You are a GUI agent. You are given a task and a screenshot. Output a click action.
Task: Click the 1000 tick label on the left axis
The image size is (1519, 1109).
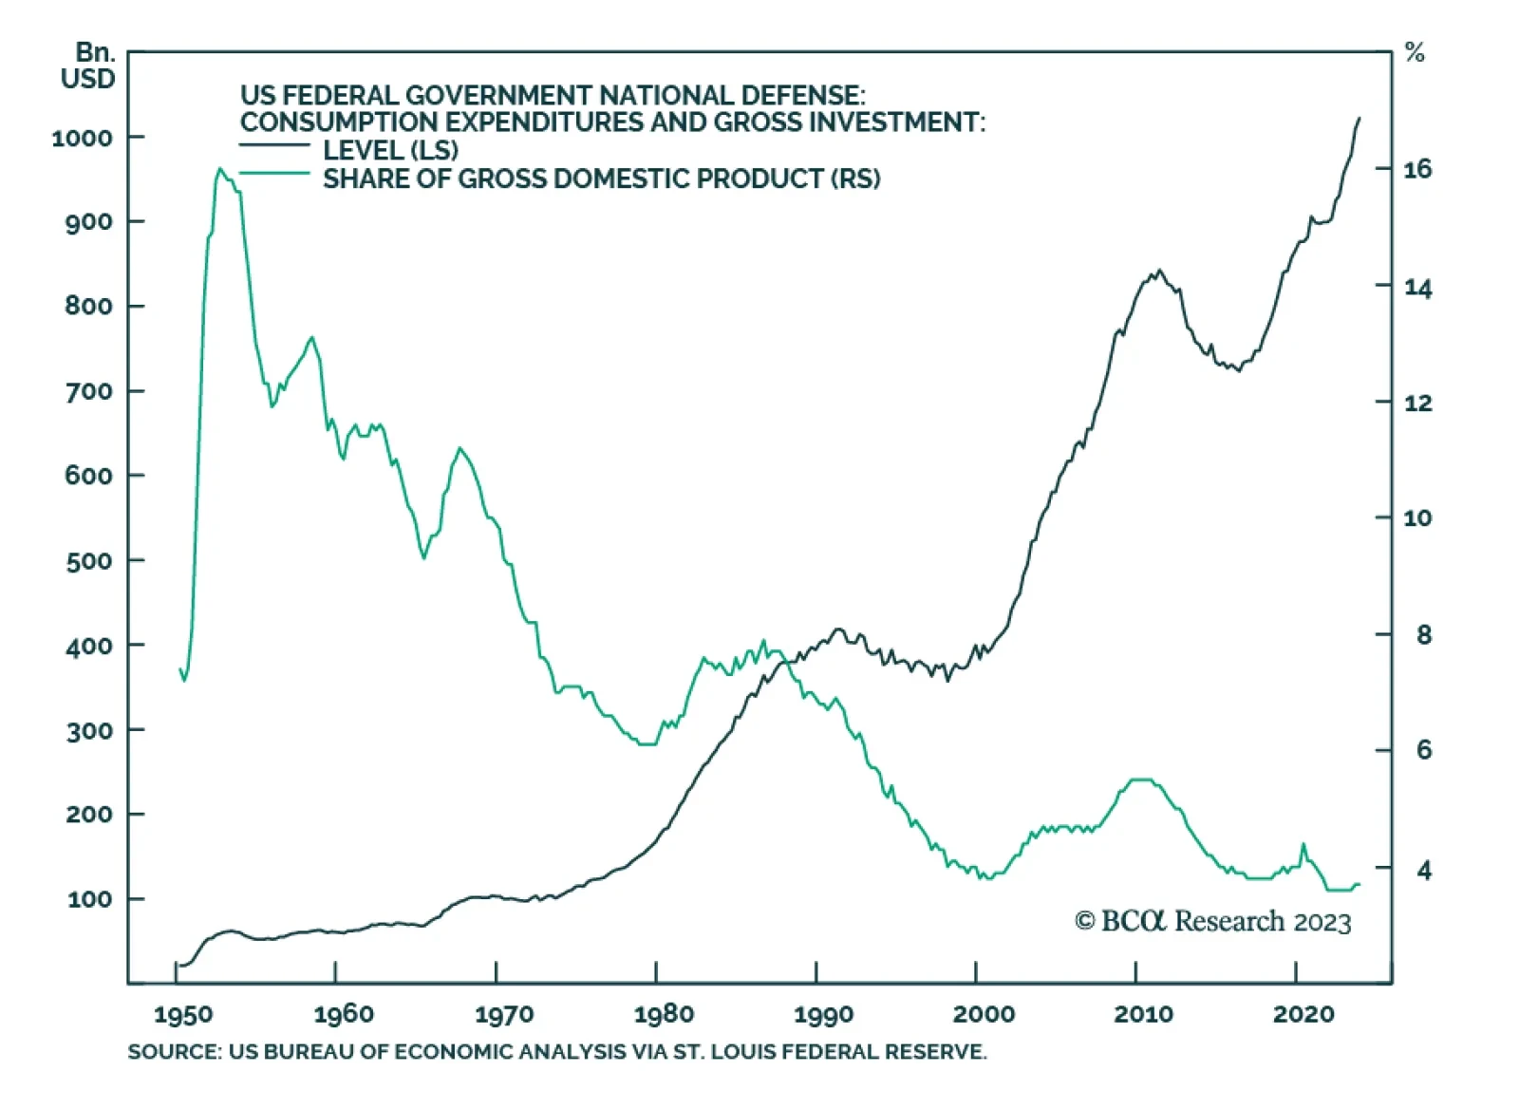82,138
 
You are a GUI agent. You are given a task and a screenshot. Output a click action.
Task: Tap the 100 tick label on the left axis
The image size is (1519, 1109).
91,898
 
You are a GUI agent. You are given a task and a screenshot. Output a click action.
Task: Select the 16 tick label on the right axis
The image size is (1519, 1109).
1417,170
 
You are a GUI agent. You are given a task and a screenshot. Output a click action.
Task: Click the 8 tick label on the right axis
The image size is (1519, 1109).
1423,634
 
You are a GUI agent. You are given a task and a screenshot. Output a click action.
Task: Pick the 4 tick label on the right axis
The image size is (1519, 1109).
1423,869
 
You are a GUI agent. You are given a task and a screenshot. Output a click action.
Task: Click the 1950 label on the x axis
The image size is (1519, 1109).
183,1015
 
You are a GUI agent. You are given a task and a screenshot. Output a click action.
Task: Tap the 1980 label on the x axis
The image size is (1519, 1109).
664,1015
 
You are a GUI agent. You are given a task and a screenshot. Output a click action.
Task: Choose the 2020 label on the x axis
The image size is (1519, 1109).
1303,1015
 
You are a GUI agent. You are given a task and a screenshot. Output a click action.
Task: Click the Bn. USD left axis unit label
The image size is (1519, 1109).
88,66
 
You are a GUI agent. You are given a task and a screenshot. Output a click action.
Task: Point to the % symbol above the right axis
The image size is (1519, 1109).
1415,53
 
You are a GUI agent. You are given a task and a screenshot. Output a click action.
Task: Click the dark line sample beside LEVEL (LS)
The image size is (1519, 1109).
274,145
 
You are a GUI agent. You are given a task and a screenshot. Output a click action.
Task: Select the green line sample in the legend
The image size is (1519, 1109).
274,174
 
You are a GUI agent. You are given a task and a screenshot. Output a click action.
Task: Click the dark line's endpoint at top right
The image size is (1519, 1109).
1360,119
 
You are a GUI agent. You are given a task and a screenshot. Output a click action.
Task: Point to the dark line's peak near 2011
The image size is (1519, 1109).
1158,271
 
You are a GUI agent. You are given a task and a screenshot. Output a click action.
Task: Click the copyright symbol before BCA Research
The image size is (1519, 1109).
1084,921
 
